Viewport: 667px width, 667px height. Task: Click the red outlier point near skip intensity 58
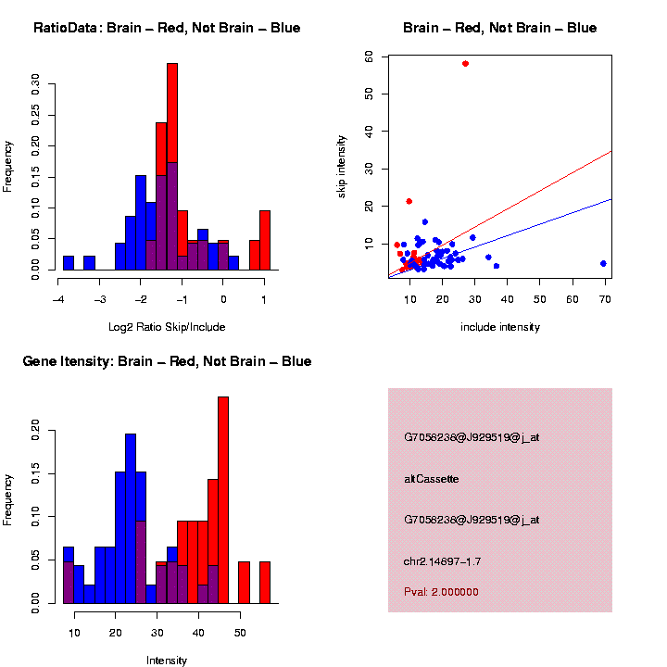point(465,63)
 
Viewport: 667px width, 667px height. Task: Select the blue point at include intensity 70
point(603,263)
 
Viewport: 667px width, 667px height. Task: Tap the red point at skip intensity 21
point(409,201)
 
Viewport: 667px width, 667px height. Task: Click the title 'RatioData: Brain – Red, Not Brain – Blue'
point(167,28)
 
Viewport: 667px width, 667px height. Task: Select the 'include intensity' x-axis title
point(500,326)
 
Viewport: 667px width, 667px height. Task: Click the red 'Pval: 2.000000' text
point(441,591)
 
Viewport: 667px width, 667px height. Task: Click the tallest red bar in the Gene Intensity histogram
point(222,499)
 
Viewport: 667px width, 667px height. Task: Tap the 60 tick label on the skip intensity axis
point(369,57)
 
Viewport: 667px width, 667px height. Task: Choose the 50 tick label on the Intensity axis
point(239,632)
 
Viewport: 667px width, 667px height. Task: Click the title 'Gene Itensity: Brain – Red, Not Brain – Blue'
point(167,361)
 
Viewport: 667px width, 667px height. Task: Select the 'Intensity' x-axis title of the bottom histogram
point(167,661)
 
